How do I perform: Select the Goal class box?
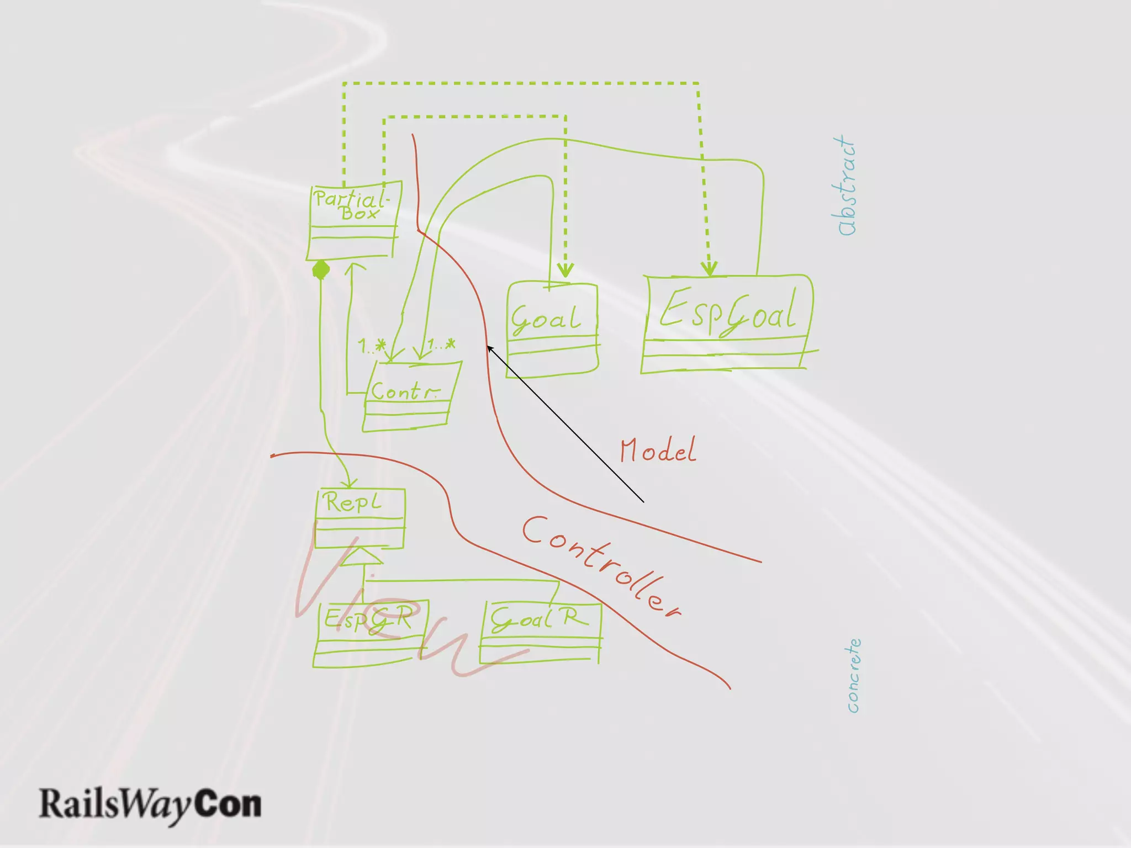pos(552,329)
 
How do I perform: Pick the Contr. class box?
pos(411,395)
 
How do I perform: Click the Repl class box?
pos(360,518)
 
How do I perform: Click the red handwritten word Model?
pos(657,451)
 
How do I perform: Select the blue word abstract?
pos(845,187)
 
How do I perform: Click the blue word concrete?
pos(854,676)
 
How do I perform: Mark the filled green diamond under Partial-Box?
pos(321,270)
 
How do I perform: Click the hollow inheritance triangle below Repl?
pos(361,556)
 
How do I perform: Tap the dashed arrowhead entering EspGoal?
pos(710,269)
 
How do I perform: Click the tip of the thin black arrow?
pos(488,347)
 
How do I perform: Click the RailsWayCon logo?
pos(150,804)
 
